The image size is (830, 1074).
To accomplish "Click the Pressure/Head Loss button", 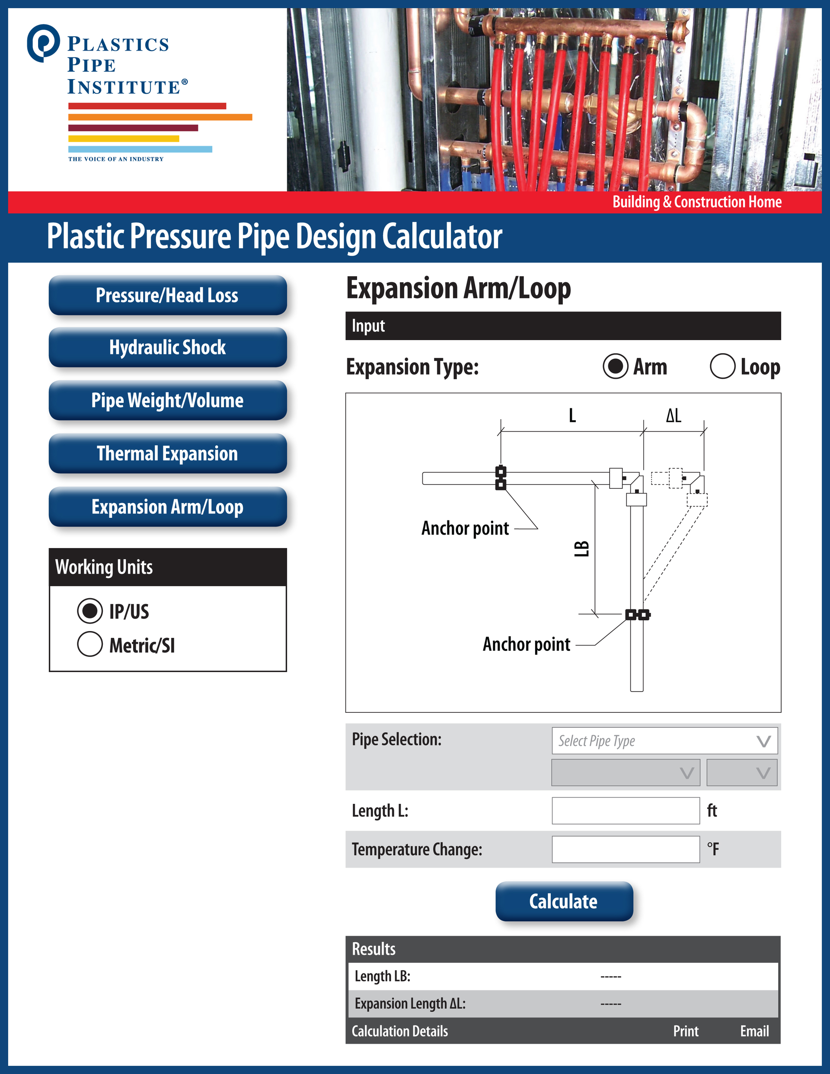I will coord(167,296).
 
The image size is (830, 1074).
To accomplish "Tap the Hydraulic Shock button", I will coord(167,347).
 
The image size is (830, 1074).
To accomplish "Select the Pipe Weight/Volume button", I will coord(167,400).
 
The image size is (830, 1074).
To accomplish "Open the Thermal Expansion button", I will coord(167,453).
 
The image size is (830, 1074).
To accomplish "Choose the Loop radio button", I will coord(722,366).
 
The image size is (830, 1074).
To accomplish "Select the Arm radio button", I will coord(616,366).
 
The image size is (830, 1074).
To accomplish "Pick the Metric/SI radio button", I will coord(90,644).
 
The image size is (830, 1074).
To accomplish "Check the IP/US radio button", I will coord(90,611).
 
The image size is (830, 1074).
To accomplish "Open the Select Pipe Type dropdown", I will coord(664,741).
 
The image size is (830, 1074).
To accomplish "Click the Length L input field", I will coord(626,810).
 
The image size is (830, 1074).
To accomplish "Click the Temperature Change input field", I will coord(626,849).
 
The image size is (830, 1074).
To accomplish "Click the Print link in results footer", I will coord(685,1031).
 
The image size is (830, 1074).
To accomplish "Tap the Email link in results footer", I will coord(754,1031).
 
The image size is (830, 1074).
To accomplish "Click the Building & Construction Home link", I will coord(697,202).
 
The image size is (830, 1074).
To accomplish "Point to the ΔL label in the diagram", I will coord(674,415).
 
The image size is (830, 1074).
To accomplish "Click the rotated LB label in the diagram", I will coord(581,548).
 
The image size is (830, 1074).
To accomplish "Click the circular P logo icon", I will coord(43,43).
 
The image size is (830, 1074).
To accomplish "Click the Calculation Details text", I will coord(399,1031).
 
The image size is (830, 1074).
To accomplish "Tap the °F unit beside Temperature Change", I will coord(713,849).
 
